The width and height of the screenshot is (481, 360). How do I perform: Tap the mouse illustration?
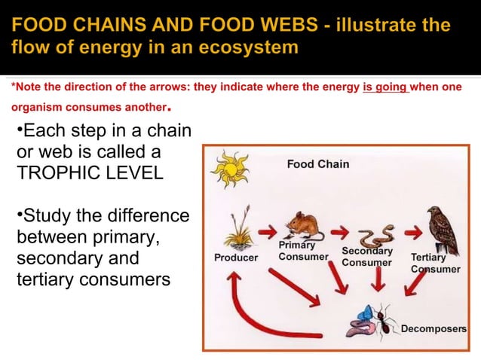click(x=304, y=225)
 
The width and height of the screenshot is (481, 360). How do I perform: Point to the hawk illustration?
click(x=442, y=229)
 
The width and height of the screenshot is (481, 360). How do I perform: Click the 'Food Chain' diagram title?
click(x=317, y=163)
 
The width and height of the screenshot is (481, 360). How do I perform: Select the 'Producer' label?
click(x=236, y=258)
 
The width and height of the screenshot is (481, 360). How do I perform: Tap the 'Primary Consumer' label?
click(x=303, y=251)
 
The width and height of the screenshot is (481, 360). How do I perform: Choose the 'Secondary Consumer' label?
click(x=367, y=257)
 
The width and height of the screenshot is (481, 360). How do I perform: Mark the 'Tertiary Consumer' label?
click(x=435, y=263)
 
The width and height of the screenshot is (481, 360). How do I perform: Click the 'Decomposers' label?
click(x=434, y=329)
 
